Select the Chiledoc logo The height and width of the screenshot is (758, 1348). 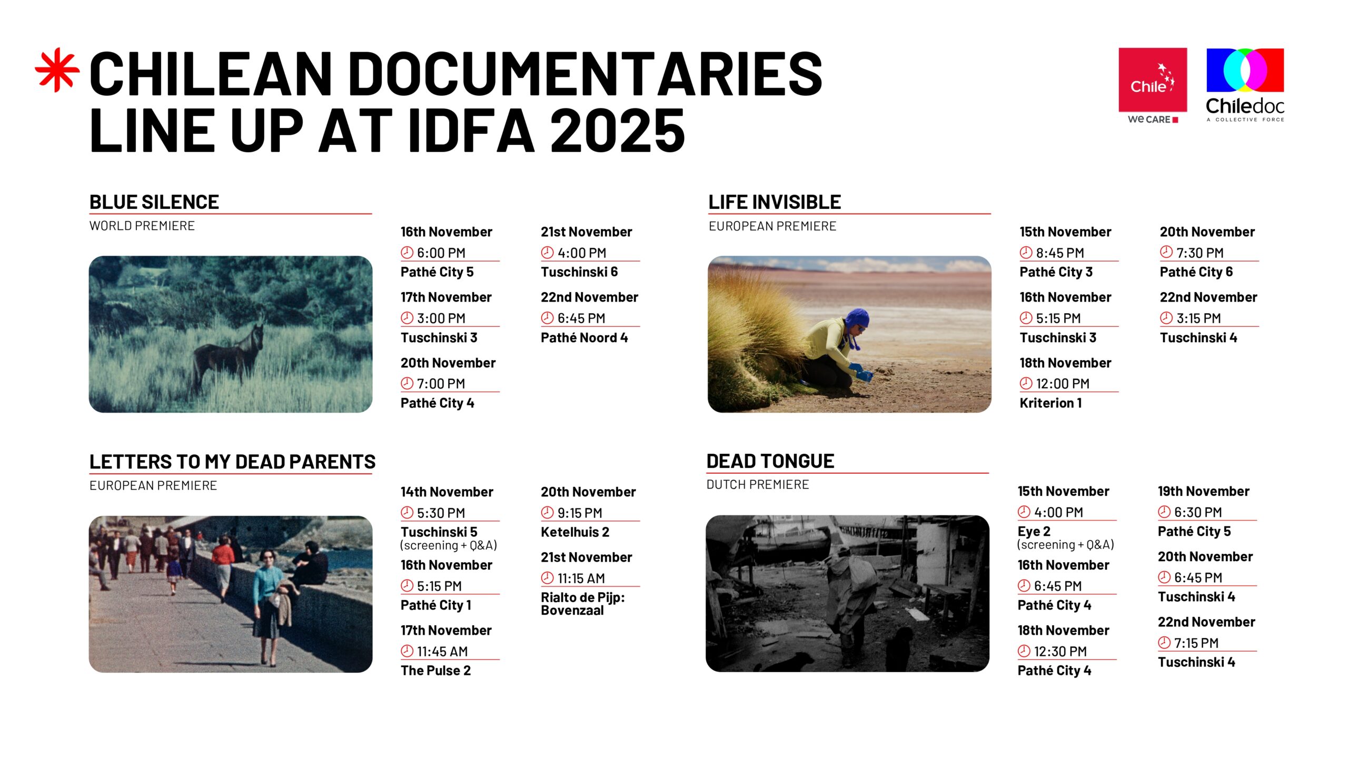click(1245, 85)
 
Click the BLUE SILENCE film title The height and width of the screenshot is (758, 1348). click(154, 202)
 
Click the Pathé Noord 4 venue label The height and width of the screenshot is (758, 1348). click(584, 338)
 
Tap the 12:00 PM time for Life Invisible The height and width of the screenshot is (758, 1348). click(1063, 384)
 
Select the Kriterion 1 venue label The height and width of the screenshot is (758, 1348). click(1050, 403)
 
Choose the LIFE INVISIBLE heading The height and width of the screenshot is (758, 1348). click(775, 202)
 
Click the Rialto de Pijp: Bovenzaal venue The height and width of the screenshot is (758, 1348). click(582, 604)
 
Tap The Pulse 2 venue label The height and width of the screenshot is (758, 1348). click(435, 671)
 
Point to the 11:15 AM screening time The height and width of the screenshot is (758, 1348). click(581, 579)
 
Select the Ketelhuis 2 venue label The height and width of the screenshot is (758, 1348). click(575, 532)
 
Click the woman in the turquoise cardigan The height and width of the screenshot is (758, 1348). click(270, 605)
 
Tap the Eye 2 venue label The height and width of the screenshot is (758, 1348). click(1034, 532)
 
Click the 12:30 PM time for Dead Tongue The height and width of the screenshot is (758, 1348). click(1060, 652)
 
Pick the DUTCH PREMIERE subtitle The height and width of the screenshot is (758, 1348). click(757, 485)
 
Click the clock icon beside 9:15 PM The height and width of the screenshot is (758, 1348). click(548, 512)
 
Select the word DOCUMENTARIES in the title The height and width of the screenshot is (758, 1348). click(584, 74)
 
